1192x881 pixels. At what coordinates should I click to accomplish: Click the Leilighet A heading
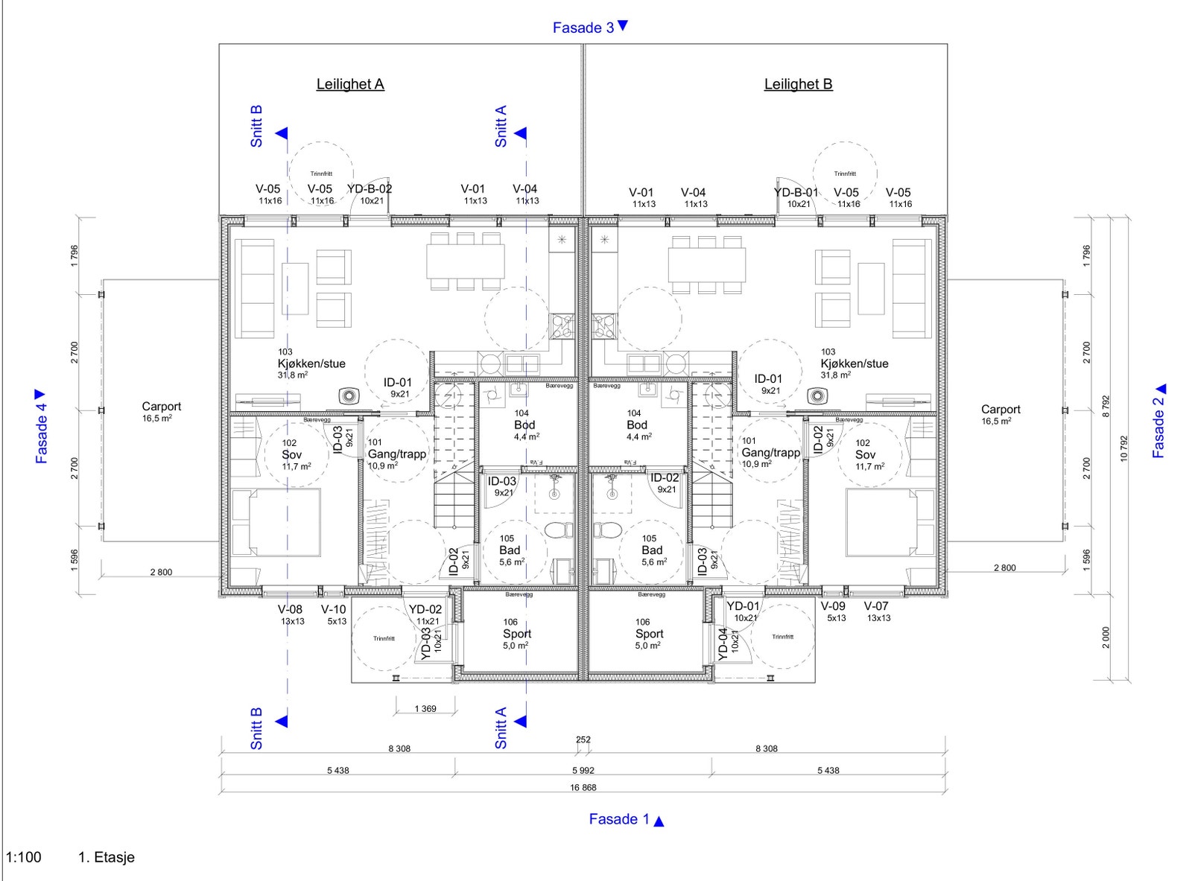coord(350,84)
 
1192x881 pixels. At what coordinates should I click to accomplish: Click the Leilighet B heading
coord(798,84)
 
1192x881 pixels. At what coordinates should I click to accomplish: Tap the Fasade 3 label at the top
coord(583,28)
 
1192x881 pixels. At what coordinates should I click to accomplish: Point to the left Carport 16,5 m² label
coord(161,411)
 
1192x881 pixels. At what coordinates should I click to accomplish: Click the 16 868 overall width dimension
coord(583,787)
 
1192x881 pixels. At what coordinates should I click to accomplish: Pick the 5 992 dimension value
coord(583,770)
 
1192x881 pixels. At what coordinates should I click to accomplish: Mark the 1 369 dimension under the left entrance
coord(425,708)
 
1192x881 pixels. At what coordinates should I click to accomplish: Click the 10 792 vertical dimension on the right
coord(1124,448)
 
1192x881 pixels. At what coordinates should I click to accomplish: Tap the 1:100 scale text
coord(24,857)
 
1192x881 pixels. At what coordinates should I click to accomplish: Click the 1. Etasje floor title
coord(107,857)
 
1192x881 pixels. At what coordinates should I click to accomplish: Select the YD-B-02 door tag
coord(370,189)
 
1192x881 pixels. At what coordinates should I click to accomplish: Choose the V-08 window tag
coord(291,609)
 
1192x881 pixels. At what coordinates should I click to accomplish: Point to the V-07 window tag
coord(876,606)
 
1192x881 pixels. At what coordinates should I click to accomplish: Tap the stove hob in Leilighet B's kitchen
coord(604,325)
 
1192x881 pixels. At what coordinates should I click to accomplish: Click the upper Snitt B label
coord(256,126)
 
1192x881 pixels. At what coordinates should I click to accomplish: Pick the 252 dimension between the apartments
coord(583,740)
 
